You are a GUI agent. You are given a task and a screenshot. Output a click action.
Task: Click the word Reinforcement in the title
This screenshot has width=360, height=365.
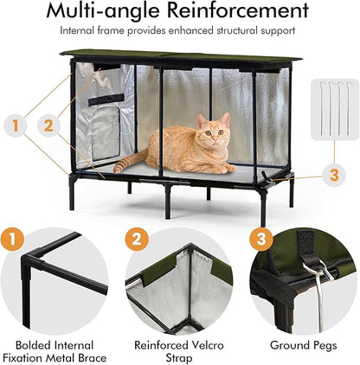(x=235, y=12)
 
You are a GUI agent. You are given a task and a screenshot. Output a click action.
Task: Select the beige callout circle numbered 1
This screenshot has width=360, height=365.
(x=14, y=125)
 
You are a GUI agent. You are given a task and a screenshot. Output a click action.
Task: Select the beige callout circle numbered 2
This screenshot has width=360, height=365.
(x=48, y=125)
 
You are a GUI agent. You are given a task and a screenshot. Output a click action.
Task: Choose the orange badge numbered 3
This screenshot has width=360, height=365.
(x=260, y=236)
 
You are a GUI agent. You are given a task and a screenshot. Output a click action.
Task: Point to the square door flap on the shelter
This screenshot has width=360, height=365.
(x=105, y=134)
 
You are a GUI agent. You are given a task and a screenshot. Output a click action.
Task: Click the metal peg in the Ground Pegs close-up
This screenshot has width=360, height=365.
(x=320, y=304)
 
